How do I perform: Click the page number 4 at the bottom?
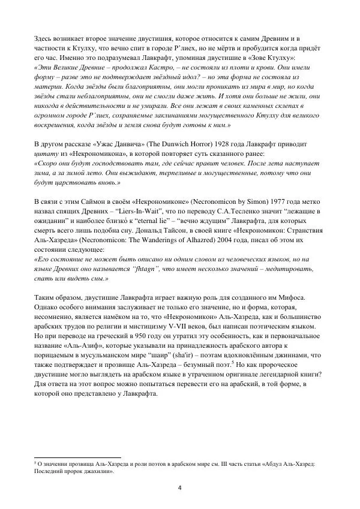[180, 487]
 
